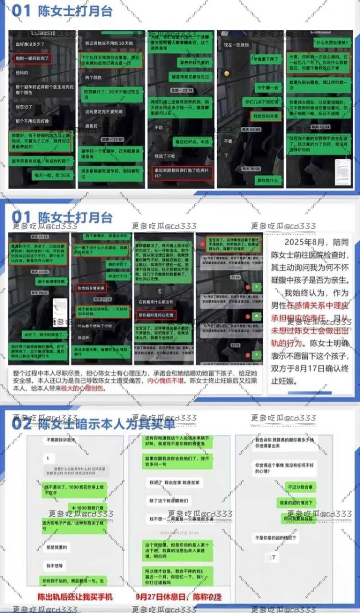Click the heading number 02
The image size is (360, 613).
[x=22, y=423]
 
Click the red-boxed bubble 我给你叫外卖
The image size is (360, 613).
[x=265, y=116]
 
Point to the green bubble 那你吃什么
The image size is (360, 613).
[x=267, y=181]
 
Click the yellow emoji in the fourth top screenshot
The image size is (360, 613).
[x=226, y=73]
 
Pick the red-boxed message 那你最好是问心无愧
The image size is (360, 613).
[x=157, y=315]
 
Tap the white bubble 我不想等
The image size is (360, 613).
[x=54, y=566]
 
